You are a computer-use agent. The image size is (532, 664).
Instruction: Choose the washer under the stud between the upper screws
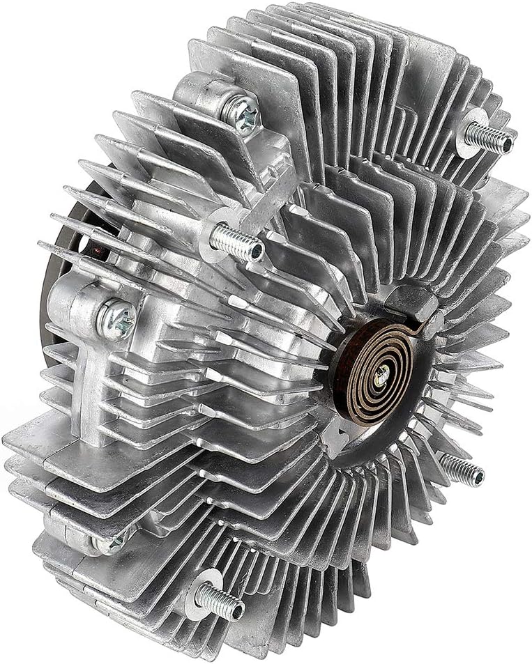click(216, 230)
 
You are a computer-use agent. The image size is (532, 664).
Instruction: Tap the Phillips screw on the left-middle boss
click(116, 319)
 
